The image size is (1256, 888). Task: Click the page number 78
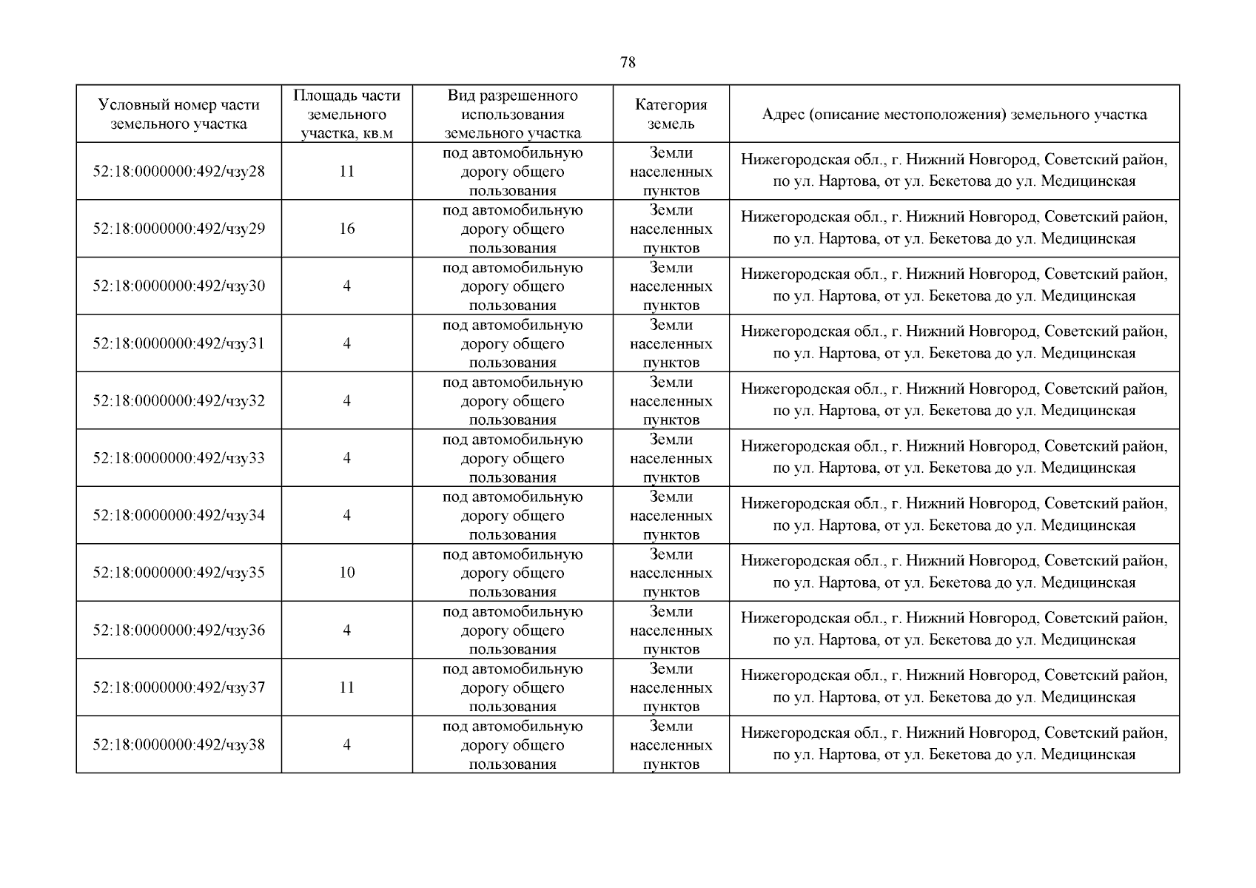(627, 62)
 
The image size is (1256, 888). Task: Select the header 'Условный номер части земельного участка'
(178, 114)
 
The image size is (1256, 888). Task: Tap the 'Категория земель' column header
(671, 114)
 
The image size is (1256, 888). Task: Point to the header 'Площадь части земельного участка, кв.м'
(346, 114)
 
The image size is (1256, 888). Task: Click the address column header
(954, 114)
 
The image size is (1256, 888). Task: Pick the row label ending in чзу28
(178, 172)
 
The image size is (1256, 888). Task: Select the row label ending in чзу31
(178, 343)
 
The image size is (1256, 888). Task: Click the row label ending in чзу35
(178, 573)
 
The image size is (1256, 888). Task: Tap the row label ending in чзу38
(178, 744)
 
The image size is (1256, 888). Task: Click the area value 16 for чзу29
(346, 229)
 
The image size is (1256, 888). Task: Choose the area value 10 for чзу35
(346, 573)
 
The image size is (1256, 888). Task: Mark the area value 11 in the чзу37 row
(346, 687)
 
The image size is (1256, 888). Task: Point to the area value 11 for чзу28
(346, 172)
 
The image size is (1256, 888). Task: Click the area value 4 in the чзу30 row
(346, 286)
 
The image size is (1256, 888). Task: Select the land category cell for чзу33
(671, 458)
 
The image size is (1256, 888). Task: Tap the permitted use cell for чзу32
(512, 401)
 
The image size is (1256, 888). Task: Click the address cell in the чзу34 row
(954, 515)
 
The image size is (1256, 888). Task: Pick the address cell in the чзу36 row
(954, 630)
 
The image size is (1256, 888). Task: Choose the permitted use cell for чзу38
(512, 744)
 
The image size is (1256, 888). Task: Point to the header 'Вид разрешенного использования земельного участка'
(512, 114)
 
